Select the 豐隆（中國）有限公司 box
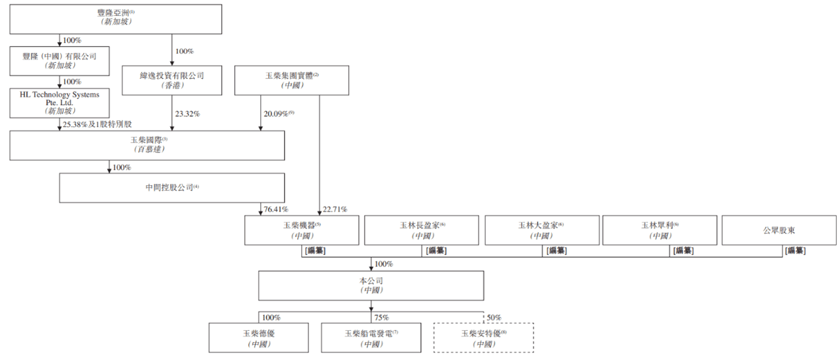click(60, 61)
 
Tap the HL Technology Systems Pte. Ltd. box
click(60, 103)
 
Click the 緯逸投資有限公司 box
click(172, 80)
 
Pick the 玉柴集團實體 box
click(291, 80)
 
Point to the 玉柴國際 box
click(147, 145)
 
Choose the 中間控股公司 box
click(172, 188)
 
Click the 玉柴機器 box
click(302, 230)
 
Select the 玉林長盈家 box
click(422, 230)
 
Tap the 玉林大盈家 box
click(542, 230)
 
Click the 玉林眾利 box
click(662, 230)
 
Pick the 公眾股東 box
click(779, 230)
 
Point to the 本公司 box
click(371, 285)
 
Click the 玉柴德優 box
click(259, 338)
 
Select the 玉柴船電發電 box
click(371, 338)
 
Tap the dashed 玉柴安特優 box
click(483, 338)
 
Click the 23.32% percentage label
click(187, 114)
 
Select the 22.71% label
click(335, 210)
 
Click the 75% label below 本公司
click(381, 318)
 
